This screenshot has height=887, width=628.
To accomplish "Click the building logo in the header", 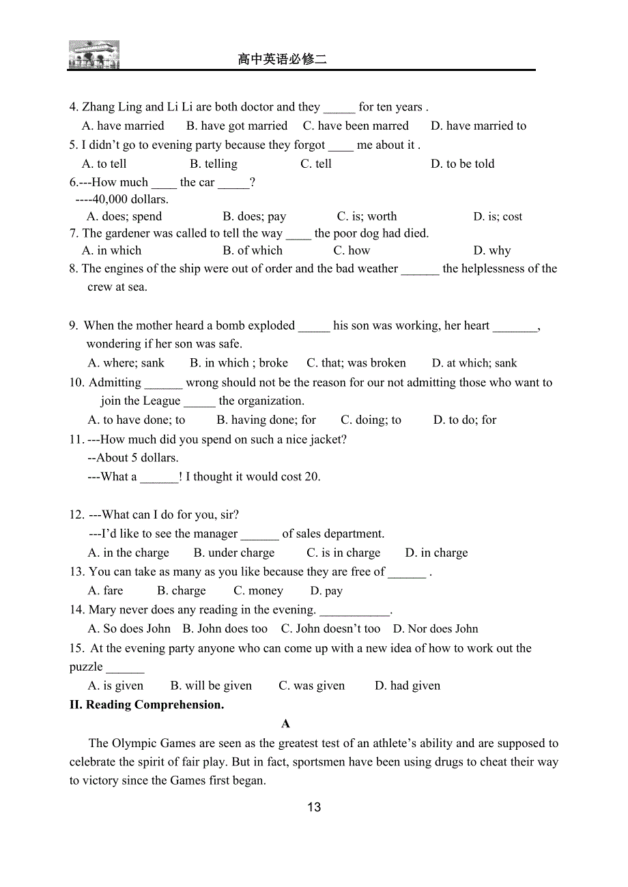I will [x=94, y=55].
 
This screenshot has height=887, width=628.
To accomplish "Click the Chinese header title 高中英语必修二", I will [x=282, y=59].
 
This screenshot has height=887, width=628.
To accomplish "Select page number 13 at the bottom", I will [x=314, y=807].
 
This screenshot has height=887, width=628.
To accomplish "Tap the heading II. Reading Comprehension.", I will [x=147, y=705].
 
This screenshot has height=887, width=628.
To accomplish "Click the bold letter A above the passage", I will [x=286, y=724].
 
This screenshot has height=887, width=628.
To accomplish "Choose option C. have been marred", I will [x=356, y=126].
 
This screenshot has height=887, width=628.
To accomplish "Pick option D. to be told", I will [x=462, y=164].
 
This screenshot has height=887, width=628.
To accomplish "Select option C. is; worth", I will [x=367, y=216].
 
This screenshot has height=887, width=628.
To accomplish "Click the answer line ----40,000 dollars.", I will [x=122, y=199].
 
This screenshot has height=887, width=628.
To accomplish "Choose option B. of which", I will [x=253, y=250].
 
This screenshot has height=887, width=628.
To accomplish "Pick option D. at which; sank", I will [x=474, y=363].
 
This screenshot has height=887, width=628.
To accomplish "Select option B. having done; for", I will [x=266, y=420].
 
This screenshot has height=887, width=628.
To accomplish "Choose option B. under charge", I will [x=234, y=553].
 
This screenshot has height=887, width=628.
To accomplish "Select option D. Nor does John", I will [x=436, y=628].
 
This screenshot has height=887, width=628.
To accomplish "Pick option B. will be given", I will [x=211, y=686].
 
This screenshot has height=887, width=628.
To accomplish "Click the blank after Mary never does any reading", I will [x=355, y=610].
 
